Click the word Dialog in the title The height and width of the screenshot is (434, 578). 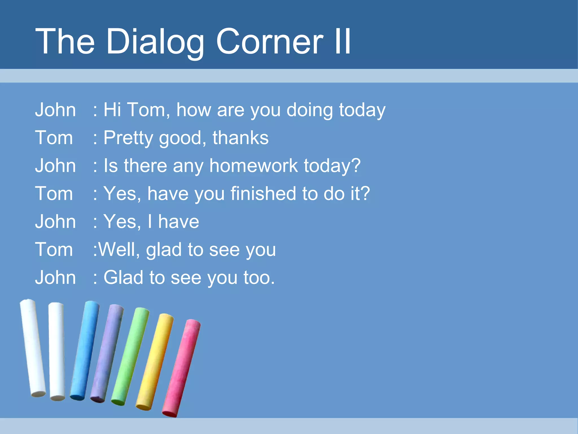click(x=155, y=42)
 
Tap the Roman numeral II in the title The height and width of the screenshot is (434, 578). click(x=342, y=42)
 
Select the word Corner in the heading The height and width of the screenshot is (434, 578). click(x=269, y=42)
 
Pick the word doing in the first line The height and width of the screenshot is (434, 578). click(x=310, y=110)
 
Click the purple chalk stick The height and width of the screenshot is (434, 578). click(x=107, y=353)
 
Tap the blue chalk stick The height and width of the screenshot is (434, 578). click(x=84, y=350)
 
